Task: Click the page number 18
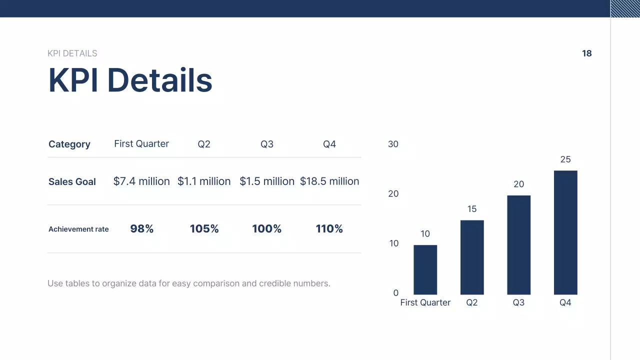tap(586, 53)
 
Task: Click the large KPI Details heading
tap(130, 80)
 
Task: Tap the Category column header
tap(69, 144)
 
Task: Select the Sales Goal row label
tap(72, 181)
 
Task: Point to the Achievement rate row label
tap(78, 229)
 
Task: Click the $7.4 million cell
tap(141, 181)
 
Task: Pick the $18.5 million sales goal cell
tap(329, 181)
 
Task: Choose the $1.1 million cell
tap(204, 181)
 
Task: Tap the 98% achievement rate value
tap(141, 229)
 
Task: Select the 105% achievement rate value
tap(204, 229)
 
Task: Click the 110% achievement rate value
tap(329, 229)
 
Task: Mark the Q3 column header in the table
tap(267, 144)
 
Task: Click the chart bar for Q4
tap(565, 232)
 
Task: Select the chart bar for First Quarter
tap(425, 269)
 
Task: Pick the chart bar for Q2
tap(472, 257)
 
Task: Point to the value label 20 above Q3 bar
tap(518, 184)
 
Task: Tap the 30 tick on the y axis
tap(393, 144)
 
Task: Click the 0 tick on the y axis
tap(395, 293)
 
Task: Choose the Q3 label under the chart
tap(518, 302)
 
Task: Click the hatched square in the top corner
tap(625, 8)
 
